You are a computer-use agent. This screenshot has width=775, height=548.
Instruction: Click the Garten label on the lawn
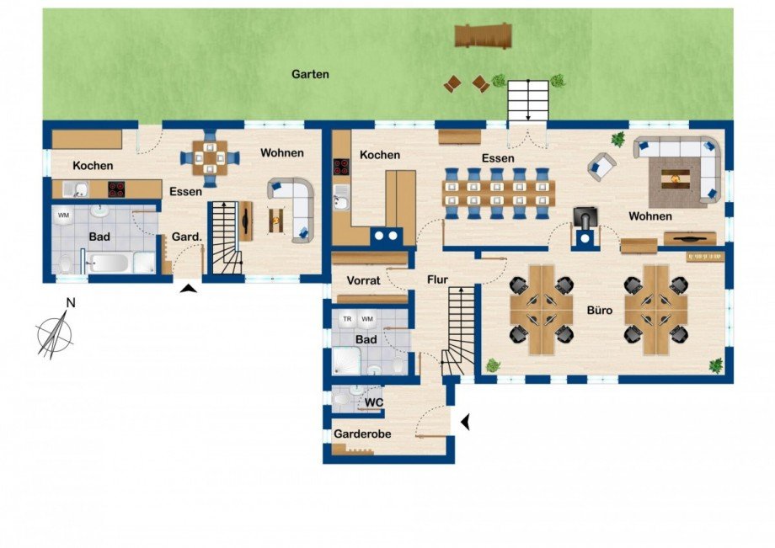[x=310, y=74]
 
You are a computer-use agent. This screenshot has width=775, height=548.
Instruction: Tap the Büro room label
[x=600, y=311]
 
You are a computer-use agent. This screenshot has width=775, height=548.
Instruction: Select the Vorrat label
[x=365, y=279]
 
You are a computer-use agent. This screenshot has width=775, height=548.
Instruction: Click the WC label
[x=374, y=403]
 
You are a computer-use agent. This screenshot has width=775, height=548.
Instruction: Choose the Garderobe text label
[x=363, y=435]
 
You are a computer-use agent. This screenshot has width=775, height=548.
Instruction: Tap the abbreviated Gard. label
[x=186, y=237]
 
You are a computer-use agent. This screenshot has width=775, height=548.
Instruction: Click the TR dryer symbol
[x=346, y=320]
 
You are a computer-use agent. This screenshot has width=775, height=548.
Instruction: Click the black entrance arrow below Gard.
[x=190, y=290]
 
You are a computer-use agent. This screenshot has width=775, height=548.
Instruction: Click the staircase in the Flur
[x=458, y=329]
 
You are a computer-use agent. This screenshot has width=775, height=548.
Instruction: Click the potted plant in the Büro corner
[x=716, y=364]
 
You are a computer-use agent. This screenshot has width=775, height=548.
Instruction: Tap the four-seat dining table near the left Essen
[x=209, y=157]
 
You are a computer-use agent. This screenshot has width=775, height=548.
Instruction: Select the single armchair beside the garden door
[x=601, y=165]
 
